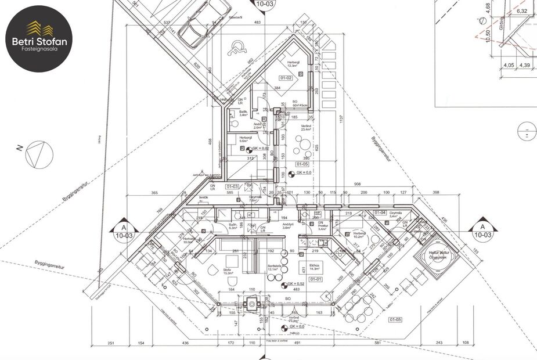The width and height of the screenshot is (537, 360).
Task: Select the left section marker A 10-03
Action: (122, 230)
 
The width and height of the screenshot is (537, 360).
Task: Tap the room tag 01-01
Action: (316, 279)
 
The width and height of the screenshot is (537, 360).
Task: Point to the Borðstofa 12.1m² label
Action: (275, 267)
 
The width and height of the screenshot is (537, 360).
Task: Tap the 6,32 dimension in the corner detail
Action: (522, 11)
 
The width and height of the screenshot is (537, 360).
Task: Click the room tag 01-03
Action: (231, 186)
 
